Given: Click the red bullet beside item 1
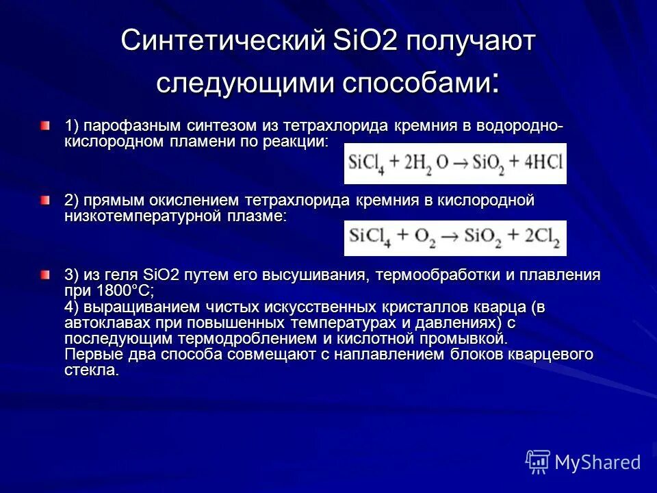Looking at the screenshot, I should pyautogui.click(x=44, y=126).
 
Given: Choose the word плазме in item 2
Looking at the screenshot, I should pyautogui.click(x=259, y=216).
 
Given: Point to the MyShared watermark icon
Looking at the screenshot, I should pyautogui.click(x=538, y=461).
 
